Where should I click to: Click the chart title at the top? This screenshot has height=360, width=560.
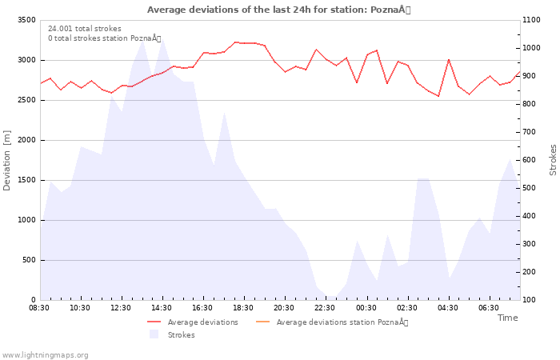pos(278,10)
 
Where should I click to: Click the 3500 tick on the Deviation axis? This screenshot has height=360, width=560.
pos(26,20)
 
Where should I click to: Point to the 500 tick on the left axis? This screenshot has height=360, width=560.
pos(28,260)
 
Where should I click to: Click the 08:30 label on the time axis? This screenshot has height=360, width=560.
pos(39,307)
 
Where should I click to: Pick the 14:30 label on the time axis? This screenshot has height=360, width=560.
pos(162,307)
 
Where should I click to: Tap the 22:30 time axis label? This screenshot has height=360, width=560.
pos(325,307)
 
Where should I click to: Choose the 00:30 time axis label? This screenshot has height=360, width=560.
pos(366,307)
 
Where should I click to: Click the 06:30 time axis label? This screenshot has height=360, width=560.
pos(488,307)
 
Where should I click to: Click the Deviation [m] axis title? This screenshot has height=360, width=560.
pos(8,160)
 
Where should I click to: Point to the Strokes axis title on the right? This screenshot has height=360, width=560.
pos(553,160)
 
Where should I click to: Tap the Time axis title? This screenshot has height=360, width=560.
pos(507,318)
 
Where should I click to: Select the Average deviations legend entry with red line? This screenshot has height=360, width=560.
pos(202,322)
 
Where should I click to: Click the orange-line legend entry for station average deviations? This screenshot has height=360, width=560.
pos(342,322)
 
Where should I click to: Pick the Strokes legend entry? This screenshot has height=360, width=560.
pos(181,335)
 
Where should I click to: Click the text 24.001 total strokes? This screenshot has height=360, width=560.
pos(85,29)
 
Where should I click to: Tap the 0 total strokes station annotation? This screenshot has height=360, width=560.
pos(104,38)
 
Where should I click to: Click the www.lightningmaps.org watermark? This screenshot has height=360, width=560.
pos(45,355)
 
